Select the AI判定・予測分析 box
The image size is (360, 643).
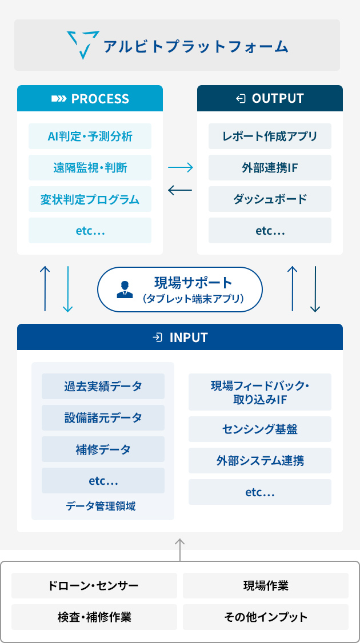90,136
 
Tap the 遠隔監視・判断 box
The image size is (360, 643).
90,168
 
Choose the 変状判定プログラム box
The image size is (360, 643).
90,199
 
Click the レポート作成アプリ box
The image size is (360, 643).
270,136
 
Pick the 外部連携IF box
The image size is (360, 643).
270,168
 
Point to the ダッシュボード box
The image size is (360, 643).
270,199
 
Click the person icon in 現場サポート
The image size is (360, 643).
125,290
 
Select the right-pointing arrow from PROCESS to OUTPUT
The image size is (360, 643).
180,167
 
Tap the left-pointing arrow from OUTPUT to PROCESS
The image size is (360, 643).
180,190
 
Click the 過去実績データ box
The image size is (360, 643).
103,386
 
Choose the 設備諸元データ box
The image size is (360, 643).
103,418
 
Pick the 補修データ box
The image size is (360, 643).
103,449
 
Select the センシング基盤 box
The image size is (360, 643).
260,429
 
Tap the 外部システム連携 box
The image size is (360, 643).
260,460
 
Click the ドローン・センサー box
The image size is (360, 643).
94,585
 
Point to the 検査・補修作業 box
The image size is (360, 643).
94,617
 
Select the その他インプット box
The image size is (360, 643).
266,617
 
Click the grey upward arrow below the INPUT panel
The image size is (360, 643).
180,549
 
